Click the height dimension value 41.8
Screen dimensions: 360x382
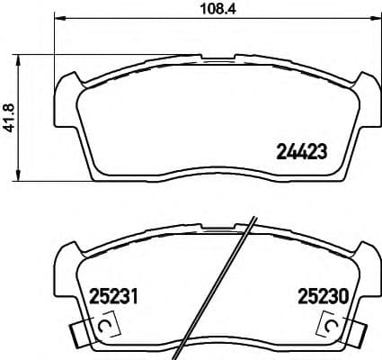(11, 117)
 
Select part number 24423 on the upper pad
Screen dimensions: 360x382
(298, 152)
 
